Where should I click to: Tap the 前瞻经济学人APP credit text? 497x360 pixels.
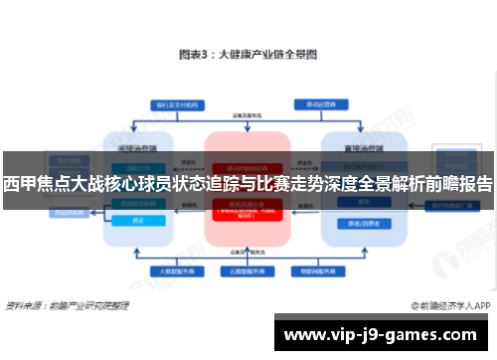click(456, 305)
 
